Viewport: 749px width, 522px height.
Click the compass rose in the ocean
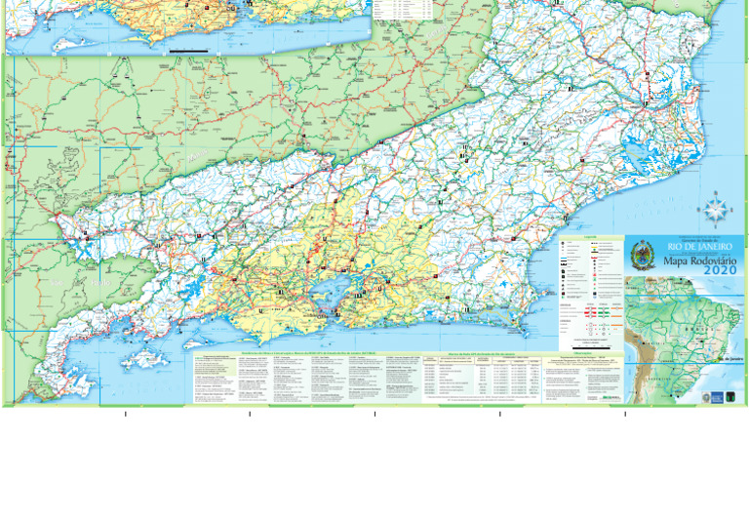click(714, 209)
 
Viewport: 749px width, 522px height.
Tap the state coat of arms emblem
click(642, 257)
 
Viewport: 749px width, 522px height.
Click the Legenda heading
click(590, 237)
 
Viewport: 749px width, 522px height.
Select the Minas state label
click(195, 156)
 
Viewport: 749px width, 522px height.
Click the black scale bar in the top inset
click(187, 50)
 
